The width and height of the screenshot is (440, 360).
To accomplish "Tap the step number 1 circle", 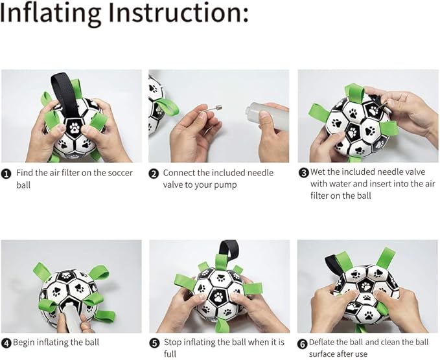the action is click(6, 174).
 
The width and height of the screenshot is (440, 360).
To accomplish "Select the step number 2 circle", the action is click(154, 174).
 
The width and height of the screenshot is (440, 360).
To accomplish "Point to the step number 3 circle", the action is click(304, 172).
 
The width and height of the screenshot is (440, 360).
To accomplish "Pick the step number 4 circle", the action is click(6, 343).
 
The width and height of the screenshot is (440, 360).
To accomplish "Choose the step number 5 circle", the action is click(154, 343).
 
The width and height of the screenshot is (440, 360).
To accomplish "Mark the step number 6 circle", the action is click(302, 344).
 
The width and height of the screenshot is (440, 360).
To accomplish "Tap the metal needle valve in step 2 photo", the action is click(211, 109).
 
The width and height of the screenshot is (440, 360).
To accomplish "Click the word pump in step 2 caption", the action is click(226, 186).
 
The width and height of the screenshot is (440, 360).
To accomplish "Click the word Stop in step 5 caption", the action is click(172, 343).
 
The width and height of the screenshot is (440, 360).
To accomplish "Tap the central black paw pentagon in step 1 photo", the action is click(74, 128).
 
